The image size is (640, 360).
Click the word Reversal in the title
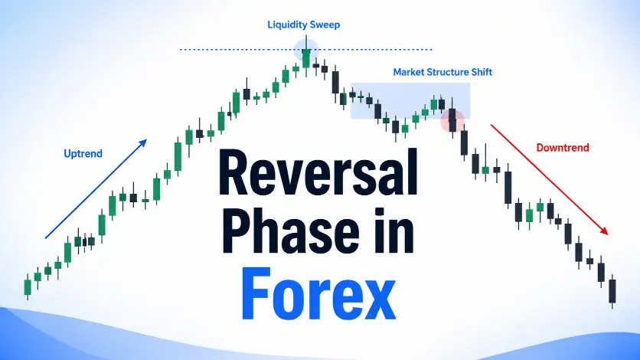pyautogui.click(x=318, y=172)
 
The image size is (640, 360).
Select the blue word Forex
pyautogui.click(x=318, y=294)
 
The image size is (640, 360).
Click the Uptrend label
pyautogui.click(x=83, y=153)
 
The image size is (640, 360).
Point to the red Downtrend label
pyautogui.click(x=563, y=147)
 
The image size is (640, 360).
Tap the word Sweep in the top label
pyautogui.click(x=325, y=25)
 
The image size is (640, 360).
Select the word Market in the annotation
pyautogui.click(x=408, y=72)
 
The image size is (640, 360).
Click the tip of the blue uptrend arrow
pyautogui.click(x=146, y=140)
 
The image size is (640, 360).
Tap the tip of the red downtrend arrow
pyautogui.click(x=608, y=234)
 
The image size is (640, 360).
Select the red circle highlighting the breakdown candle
pyautogui.click(x=452, y=121)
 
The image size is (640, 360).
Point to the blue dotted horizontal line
pyautogui.click(x=305, y=49)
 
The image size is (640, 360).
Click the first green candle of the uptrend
pyautogui.click(x=28, y=287)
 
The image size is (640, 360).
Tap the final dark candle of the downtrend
pyautogui.click(x=612, y=291)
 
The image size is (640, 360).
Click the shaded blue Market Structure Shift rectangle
pyautogui.click(x=410, y=101)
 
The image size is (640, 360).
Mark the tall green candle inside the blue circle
pyautogui.click(x=306, y=57)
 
